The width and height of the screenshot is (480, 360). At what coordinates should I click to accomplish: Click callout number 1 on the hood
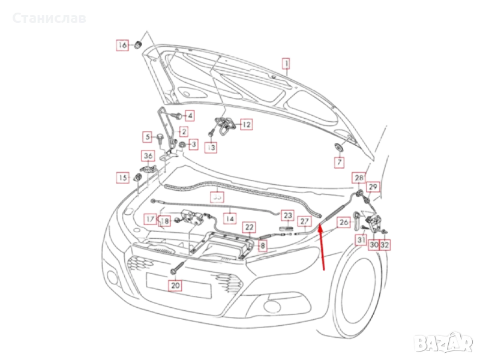pos(287,63)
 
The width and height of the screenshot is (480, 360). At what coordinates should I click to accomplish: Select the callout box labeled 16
pos(122,45)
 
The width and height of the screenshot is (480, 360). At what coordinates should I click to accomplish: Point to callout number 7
pos(340,163)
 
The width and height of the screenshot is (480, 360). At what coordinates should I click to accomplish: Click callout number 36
pos(148,157)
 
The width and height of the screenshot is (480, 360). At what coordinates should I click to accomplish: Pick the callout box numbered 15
pos(122,178)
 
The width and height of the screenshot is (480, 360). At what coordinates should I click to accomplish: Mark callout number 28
pos(358,178)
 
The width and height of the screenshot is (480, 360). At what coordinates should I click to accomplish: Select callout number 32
pos(385,244)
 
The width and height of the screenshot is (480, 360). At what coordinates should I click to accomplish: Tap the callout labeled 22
pos(248,227)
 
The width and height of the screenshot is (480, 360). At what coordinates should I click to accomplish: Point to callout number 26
pos(343,223)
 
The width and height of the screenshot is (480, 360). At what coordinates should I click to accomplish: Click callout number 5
pos(148,137)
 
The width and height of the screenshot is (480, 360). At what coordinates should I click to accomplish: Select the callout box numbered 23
pos(288,215)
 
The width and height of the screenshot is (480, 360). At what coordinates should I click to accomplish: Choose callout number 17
pos(149,219)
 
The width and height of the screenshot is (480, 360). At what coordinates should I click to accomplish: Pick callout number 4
pos(188,115)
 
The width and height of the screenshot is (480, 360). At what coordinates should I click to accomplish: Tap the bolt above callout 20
pos(175,268)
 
